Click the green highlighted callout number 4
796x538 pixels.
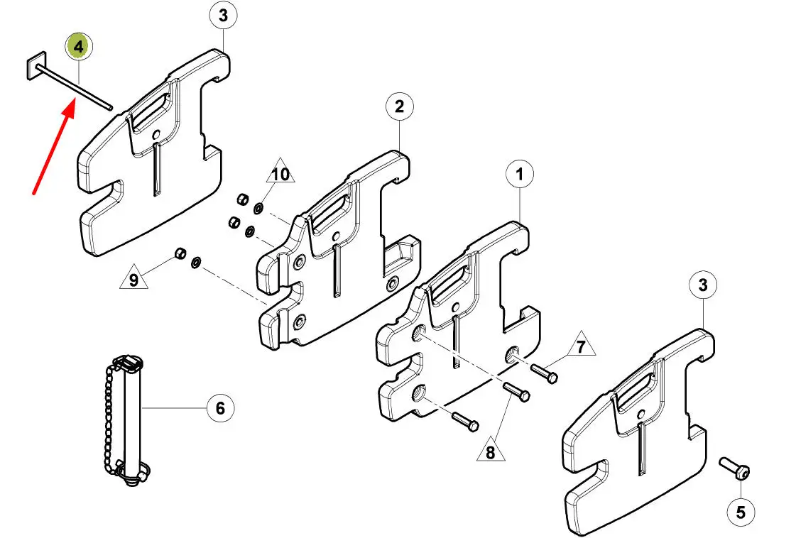pyautogui.click(x=78, y=47)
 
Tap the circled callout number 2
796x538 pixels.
pyautogui.click(x=400, y=106)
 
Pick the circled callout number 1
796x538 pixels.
pyautogui.click(x=519, y=175)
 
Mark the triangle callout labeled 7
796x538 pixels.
pyautogui.click(x=581, y=345)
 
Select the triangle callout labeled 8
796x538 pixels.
pyautogui.click(x=491, y=450)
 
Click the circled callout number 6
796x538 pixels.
pyautogui.click(x=220, y=408)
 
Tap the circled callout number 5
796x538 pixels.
pyautogui.click(x=741, y=512)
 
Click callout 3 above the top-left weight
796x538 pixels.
pyautogui.click(x=224, y=15)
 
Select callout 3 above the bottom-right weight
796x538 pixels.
pyautogui.click(x=703, y=285)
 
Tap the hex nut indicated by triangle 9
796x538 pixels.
pyautogui.click(x=180, y=252)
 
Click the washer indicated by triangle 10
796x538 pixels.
pyautogui.click(x=258, y=207)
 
